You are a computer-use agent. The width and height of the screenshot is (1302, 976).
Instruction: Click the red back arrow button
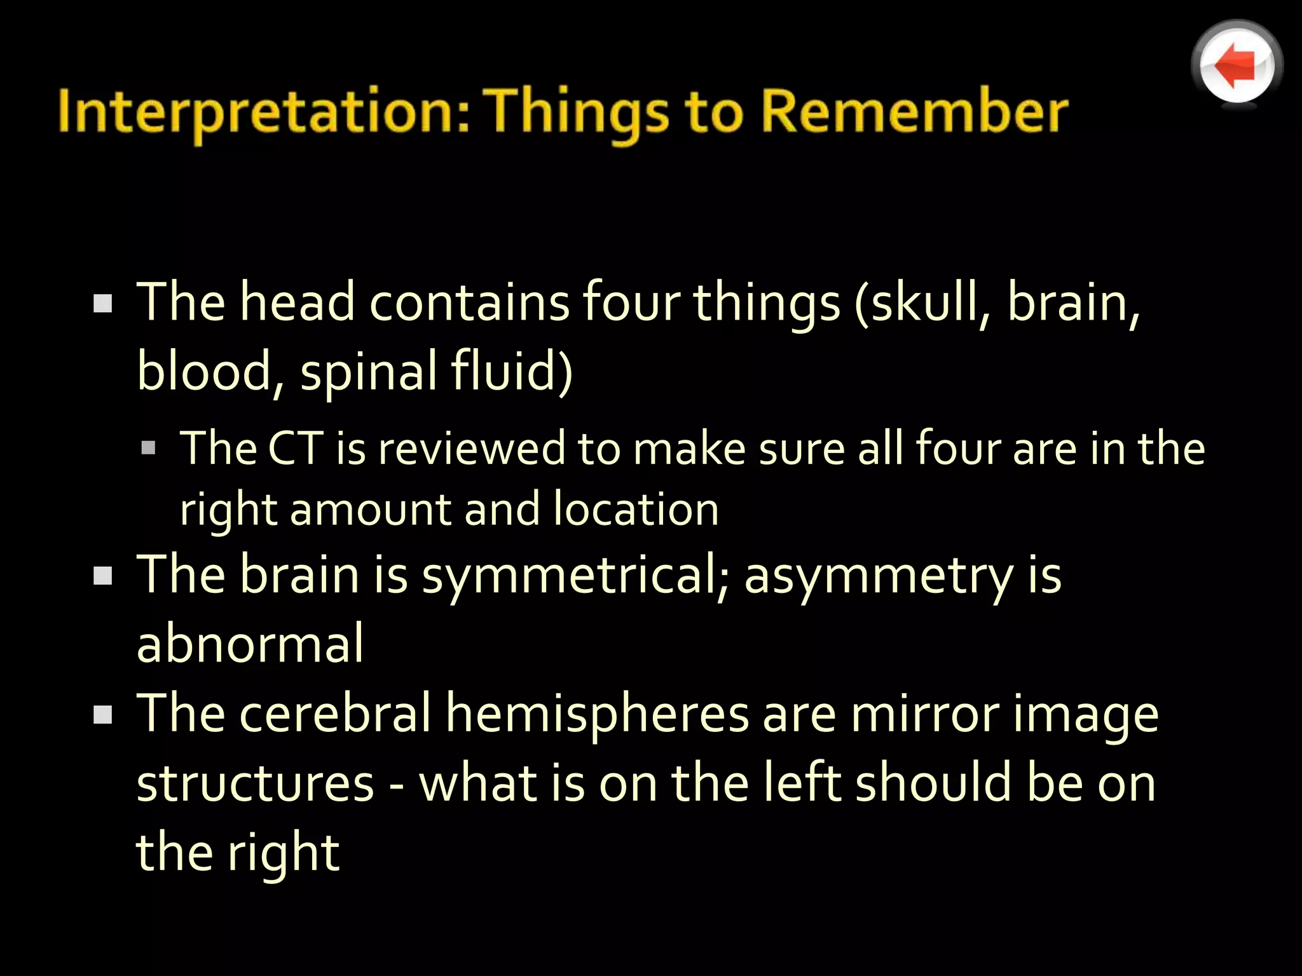(1237, 65)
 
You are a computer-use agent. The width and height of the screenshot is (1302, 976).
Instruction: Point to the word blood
(203, 371)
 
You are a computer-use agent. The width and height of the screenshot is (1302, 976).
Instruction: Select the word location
(635, 510)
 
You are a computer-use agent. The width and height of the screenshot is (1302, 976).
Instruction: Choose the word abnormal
(250, 644)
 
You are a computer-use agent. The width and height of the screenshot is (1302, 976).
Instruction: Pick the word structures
(255, 783)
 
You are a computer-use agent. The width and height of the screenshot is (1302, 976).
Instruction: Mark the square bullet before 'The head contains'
(102, 303)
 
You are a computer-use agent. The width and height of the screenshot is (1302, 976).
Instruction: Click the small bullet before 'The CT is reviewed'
(148, 449)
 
